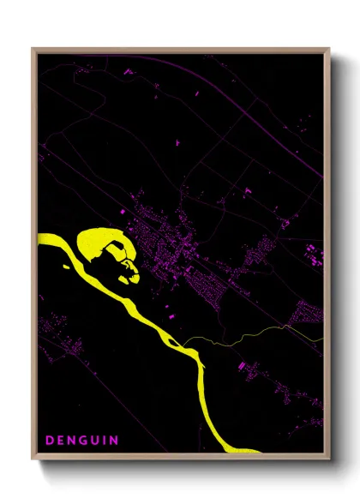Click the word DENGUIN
click(x=81, y=441)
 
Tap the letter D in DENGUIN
click(x=50, y=441)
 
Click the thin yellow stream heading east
click(x=257, y=334)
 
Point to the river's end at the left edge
click(x=39, y=239)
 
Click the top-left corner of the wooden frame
click(x=33, y=49)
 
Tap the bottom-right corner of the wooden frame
click(x=329, y=457)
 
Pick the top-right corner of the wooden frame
click(x=329, y=49)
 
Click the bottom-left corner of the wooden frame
click(x=33, y=457)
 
